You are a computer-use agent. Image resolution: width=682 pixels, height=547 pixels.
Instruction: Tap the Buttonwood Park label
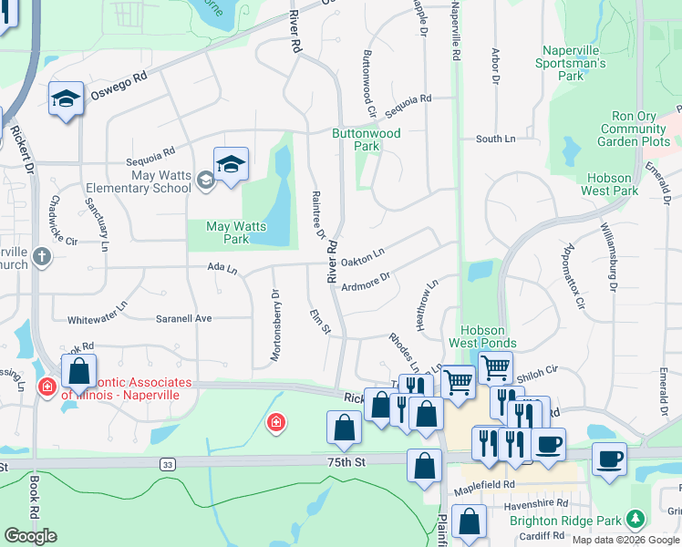(366, 139)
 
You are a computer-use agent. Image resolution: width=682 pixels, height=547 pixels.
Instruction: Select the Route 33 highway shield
(167, 464)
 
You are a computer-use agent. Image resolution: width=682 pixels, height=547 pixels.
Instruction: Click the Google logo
(30, 536)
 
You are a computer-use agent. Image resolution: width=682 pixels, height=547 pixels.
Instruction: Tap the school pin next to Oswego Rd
(67, 98)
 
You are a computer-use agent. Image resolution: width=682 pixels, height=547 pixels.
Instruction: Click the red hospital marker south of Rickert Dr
(275, 423)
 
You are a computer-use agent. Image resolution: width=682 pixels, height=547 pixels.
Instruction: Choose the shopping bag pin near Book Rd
(79, 373)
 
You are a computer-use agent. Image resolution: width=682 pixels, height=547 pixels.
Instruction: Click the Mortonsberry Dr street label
(274, 315)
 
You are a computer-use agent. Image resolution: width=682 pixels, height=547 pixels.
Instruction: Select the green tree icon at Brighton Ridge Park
(636, 521)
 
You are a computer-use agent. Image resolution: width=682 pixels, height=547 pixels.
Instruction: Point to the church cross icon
(41, 257)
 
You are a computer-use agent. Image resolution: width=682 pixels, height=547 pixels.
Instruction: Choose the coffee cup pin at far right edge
(609, 459)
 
